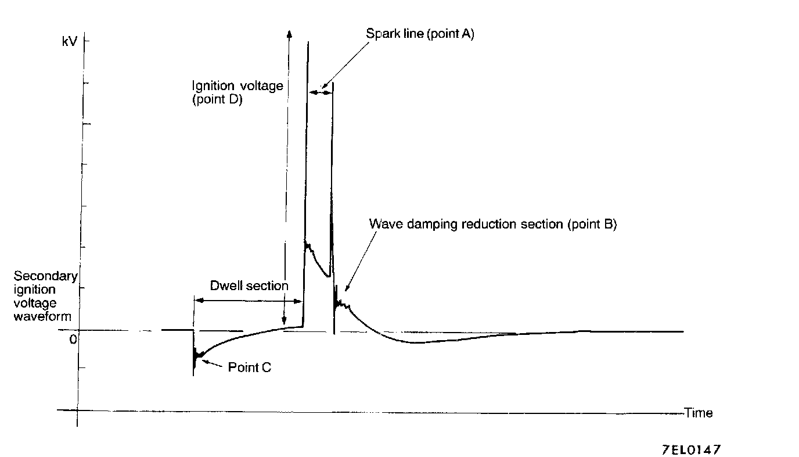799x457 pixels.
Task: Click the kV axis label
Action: point(69,42)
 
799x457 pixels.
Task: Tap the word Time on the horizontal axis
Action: point(698,413)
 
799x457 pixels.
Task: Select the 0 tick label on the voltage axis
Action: point(73,339)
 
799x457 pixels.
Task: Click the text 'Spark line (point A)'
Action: point(420,34)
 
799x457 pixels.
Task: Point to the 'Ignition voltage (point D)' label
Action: point(237,92)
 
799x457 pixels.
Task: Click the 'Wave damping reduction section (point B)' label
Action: point(493,224)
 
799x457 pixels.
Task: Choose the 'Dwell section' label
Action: point(249,285)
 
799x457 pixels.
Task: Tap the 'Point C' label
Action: point(249,367)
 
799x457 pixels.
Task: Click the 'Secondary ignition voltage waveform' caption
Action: point(42,296)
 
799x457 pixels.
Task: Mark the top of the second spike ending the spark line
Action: point(333,84)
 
